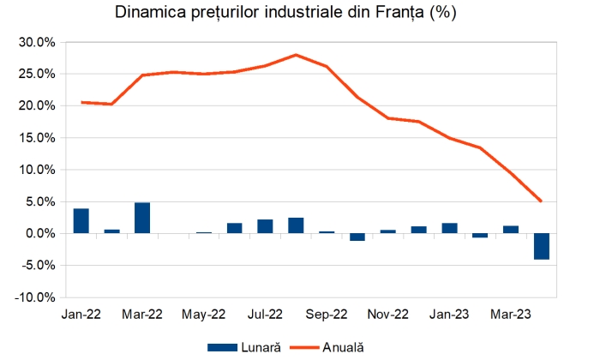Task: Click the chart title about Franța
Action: pyautogui.click(x=300, y=14)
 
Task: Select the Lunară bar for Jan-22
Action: pyautogui.click(x=81, y=221)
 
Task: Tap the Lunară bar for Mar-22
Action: pyautogui.click(x=142, y=218)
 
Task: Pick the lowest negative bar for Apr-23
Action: pyautogui.click(x=541, y=246)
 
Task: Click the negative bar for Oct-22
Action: pyautogui.click(x=357, y=237)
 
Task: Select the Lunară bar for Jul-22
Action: pyautogui.click(x=265, y=226)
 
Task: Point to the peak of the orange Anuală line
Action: pyautogui.click(x=296, y=55)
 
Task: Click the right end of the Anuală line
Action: pyautogui.click(x=541, y=201)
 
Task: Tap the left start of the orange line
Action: pyautogui.click(x=81, y=102)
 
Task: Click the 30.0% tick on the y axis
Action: pyautogui.click(x=38, y=42)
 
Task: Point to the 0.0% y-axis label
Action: pyautogui.click(x=41, y=234)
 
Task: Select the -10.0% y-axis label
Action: pyautogui.click(x=36, y=297)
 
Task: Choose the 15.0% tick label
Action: pyautogui.click(x=38, y=138)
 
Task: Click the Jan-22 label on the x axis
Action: pyautogui.click(x=81, y=315)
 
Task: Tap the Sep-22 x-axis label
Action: pyautogui.click(x=327, y=315)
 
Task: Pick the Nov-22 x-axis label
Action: pyautogui.click(x=388, y=315)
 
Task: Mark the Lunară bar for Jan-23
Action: pyautogui.click(x=449, y=228)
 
